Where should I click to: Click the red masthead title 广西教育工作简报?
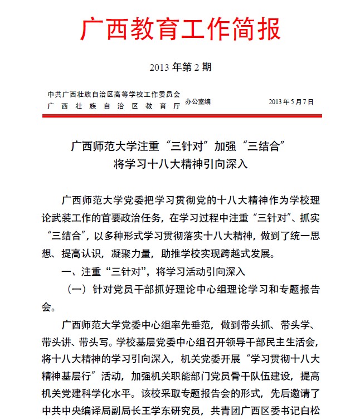(x=180, y=30)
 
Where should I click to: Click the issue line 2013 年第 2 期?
(x=180, y=67)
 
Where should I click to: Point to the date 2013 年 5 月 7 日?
(x=291, y=102)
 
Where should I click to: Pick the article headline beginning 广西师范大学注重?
(x=180, y=147)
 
